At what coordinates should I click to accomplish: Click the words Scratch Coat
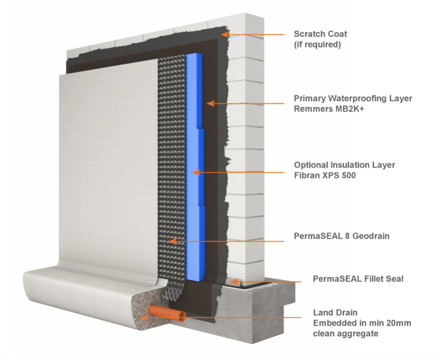320,34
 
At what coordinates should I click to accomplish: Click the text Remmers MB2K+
328,110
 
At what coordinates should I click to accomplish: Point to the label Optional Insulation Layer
344,165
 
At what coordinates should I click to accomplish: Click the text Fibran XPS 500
325,176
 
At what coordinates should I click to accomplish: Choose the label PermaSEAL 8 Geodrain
338,238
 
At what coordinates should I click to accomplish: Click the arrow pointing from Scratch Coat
256,35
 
